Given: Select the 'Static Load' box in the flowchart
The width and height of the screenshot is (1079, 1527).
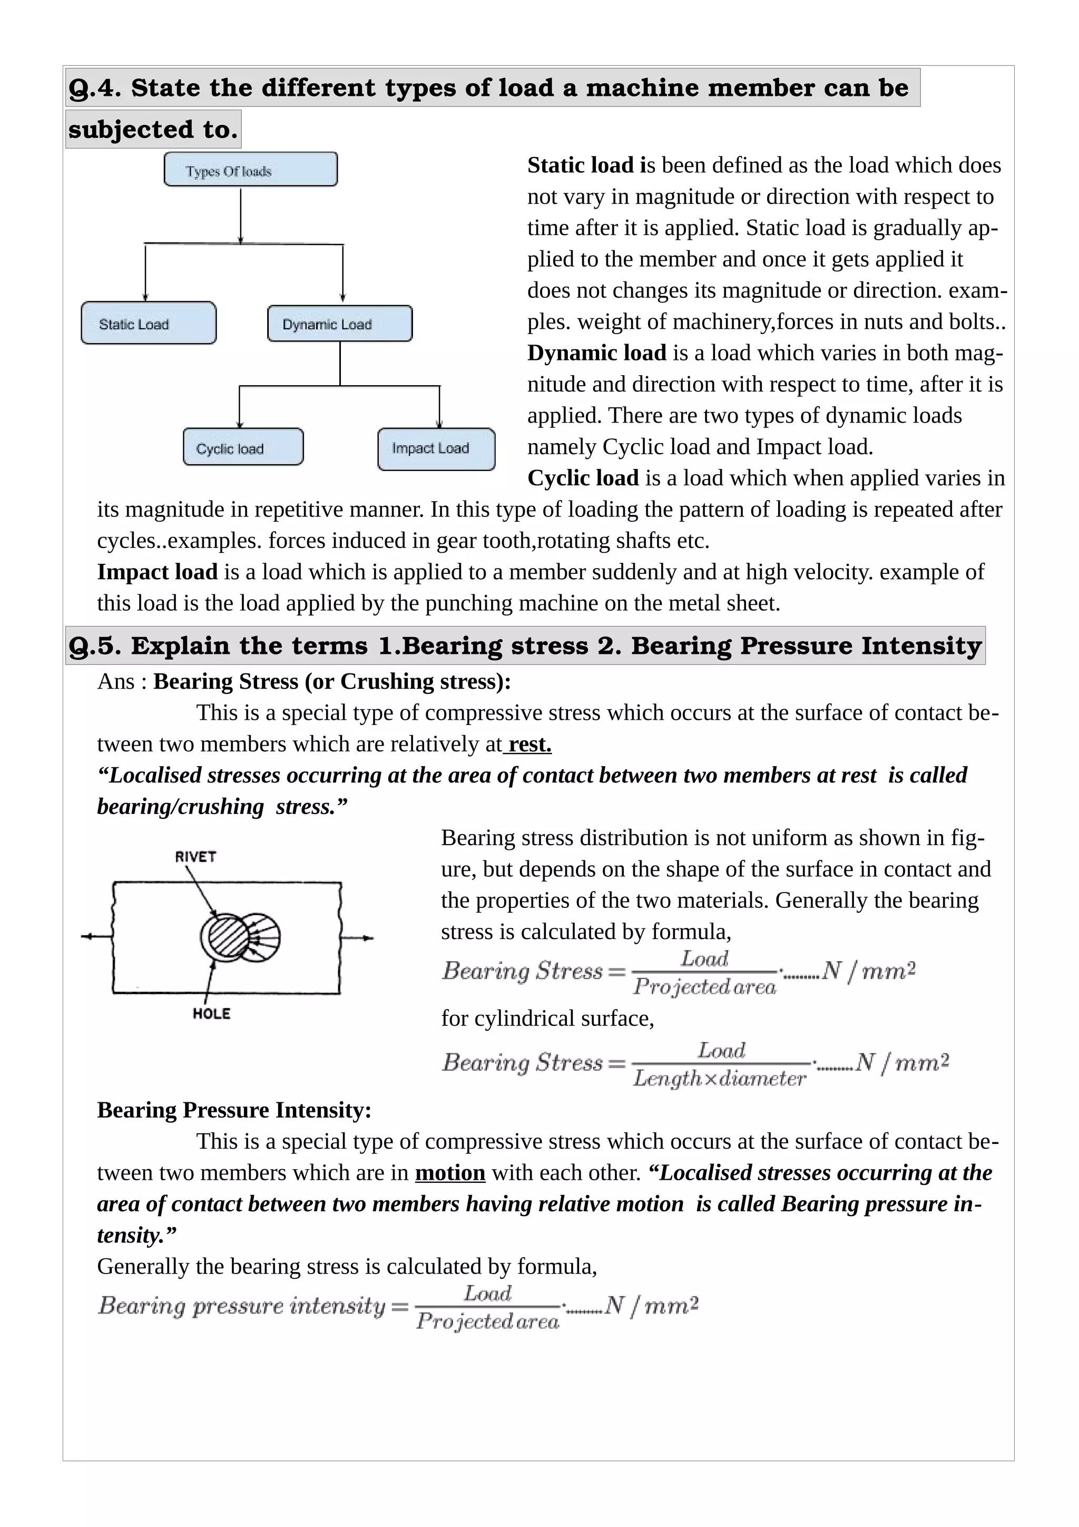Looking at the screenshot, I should click(148, 323).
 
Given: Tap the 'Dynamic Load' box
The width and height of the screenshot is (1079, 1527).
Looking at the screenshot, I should click(339, 324).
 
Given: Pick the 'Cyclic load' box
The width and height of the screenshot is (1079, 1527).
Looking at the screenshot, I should click(243, 447).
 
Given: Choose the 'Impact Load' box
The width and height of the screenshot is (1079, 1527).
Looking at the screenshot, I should click(436, 449).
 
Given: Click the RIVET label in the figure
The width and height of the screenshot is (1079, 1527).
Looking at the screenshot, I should click(195, 857).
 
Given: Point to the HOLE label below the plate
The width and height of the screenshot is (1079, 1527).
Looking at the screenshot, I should click(211, 1014).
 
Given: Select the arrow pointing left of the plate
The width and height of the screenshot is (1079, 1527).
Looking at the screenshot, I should click(95, 936).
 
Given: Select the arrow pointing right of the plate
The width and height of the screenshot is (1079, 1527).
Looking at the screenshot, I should click(359, 938).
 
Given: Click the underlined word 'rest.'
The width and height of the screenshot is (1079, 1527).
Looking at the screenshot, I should click(529, 744).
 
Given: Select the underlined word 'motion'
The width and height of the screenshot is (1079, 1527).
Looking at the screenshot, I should click(449, 1172).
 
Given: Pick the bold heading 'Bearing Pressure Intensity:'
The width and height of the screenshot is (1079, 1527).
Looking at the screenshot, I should click(234, 1110).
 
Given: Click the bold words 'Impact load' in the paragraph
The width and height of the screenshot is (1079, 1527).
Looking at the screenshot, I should click(157, 572).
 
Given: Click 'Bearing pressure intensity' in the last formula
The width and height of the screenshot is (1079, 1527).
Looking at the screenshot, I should click(241, 1306).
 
